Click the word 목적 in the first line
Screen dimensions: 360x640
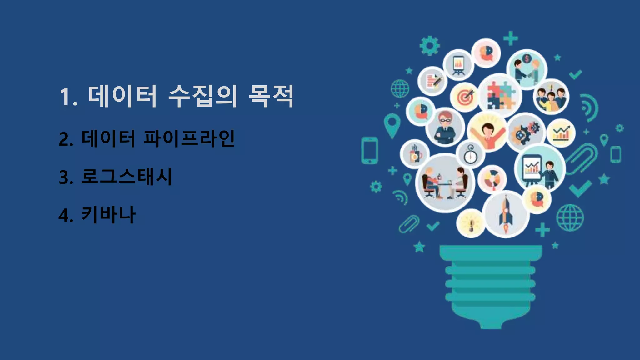tap(271, 96)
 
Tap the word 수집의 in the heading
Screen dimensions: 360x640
tap(203, 96)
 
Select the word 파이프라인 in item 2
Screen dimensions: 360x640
tap(189, 138)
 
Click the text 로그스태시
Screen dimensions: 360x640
tap(126, 177)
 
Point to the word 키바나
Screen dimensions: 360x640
tap(108, 215)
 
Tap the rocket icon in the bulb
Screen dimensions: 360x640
tap(506, 214)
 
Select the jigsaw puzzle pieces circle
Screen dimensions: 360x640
tap(500, 95)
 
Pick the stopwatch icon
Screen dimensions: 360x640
tap(470, 154)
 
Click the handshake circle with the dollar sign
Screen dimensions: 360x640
tap(527, 69)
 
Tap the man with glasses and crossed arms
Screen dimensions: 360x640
tap(445, 127)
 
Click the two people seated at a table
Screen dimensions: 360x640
tap(445, 183)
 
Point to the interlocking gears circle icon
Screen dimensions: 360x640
tap(526, 132)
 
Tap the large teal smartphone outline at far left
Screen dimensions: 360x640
tap(370, 150)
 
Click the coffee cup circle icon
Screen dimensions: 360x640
tap(415, 154)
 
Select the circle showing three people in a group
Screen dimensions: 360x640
tap(551, 97)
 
